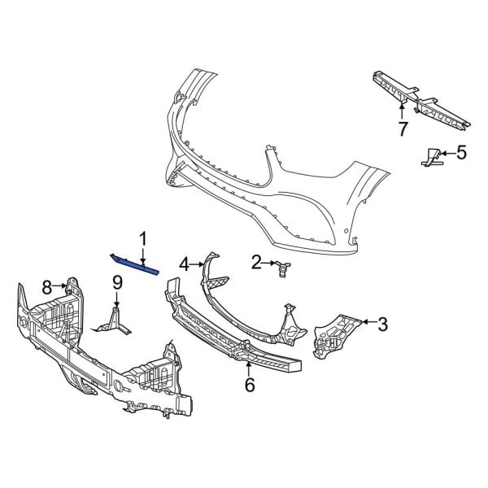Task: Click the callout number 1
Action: pos(143,238)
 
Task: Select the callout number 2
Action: pos(256,262)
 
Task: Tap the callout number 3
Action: pos(382,325)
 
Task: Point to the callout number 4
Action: pos(185,264)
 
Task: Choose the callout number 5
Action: pos(461,152)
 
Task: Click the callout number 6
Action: pos(249,384)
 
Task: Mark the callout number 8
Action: pos(47,286)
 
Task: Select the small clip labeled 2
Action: pos(283,268)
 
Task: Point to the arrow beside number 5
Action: pos(447,152)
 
